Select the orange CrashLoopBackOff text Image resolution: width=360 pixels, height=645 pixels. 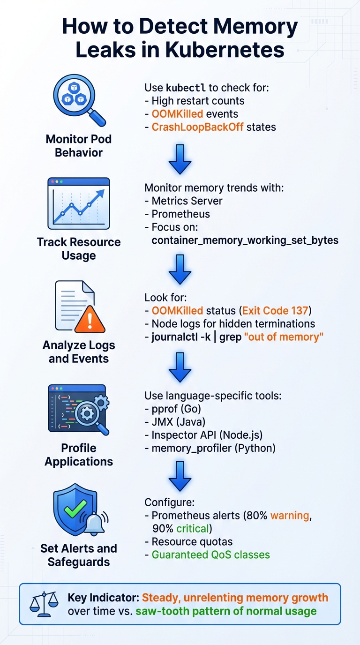(x=197, y=127)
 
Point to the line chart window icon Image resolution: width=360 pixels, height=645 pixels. (x=79, y=202)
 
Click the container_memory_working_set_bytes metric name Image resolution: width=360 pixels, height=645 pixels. (x=245, y=240)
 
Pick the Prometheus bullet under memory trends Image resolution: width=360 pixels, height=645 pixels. (x=180, y=214)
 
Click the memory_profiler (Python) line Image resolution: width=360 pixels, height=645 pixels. (x=213, y=448)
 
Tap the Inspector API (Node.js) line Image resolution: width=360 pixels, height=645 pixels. (x=213, y=435)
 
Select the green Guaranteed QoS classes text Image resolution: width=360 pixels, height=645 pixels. (x=211, y=555)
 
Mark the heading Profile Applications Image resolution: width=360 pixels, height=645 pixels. (x=79, y=455)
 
